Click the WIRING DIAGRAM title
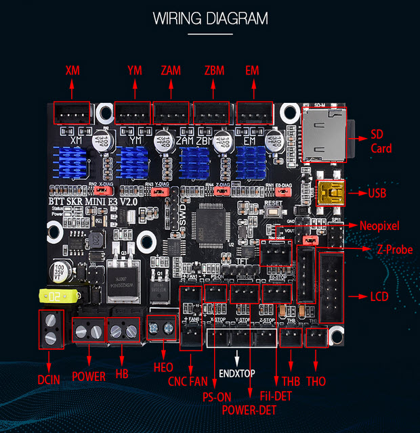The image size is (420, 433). (210, 18)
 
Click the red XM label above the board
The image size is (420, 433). (72, 70)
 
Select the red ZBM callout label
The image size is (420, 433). (213, 70)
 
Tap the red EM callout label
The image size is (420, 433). (253, 70)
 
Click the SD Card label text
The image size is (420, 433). (381, 141)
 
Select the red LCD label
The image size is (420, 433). (380, 296)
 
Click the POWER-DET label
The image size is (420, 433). (249, 409)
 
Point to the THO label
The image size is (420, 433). (316, 382)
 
